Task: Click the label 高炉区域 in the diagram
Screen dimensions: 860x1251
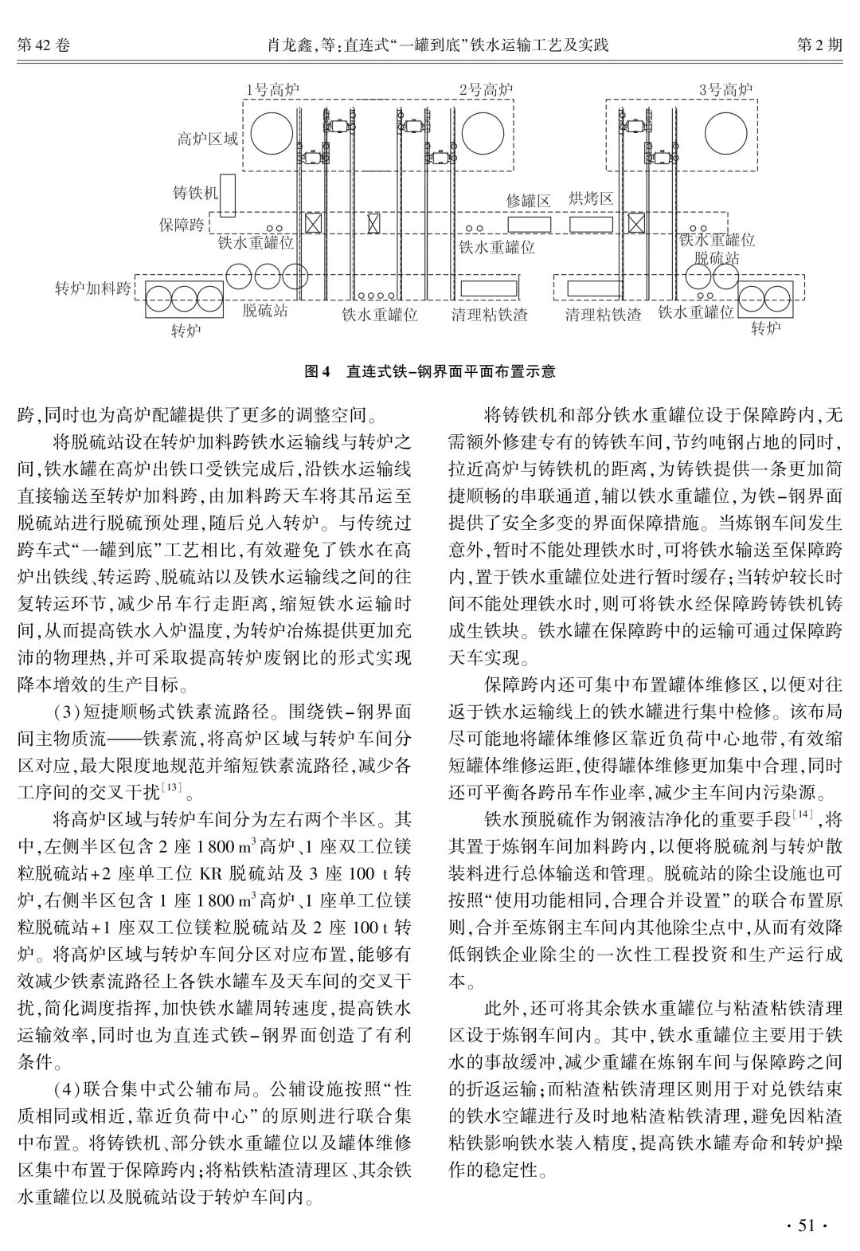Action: (x=207, y=140)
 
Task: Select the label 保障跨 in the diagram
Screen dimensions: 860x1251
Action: (x=181, y=225)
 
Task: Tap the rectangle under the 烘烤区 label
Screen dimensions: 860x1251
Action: (x=590, y=224)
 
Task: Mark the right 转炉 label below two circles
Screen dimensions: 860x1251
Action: (x=766, y=328)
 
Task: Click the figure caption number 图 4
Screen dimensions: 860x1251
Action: (x=318, y=371)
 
